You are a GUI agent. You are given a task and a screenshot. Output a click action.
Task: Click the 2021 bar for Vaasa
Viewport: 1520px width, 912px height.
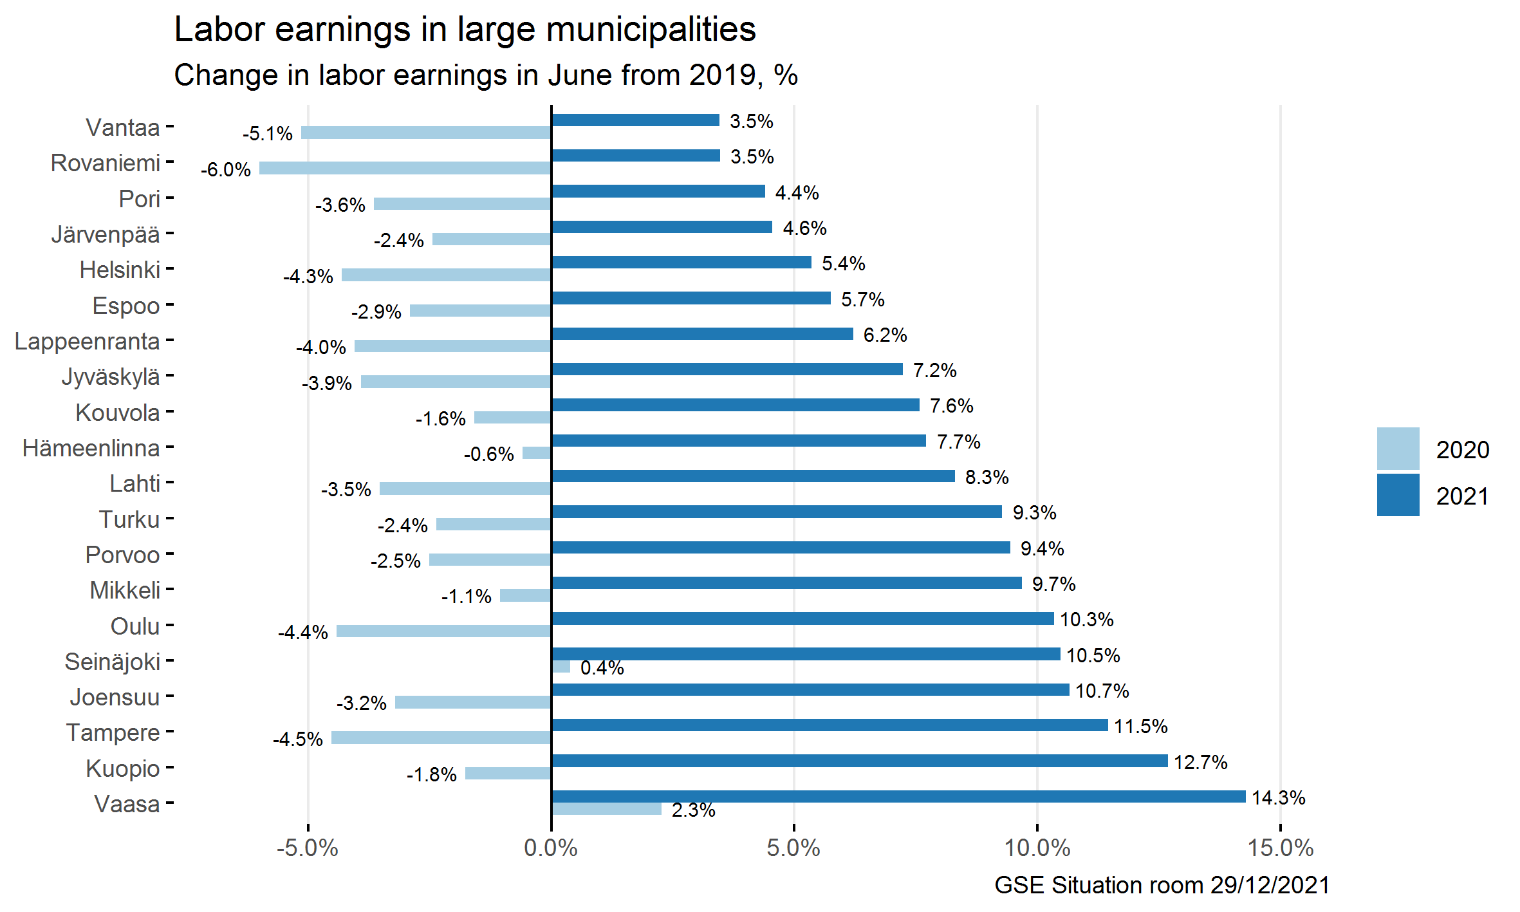pos(898,796)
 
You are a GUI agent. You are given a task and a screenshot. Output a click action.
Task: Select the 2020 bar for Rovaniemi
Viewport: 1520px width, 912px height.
pos(405,168)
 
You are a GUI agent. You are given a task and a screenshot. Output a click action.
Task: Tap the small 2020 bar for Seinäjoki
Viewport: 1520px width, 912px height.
pos(561,667)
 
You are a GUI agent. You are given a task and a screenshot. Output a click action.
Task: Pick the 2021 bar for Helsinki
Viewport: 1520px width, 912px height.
pos(681,262)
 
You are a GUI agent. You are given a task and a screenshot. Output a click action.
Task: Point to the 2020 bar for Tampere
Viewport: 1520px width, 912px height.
pos(441,738)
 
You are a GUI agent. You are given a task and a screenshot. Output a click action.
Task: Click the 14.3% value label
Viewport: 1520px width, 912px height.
pos(1278,798)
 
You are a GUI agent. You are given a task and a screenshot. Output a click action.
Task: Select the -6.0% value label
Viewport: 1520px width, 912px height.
pos(226,170)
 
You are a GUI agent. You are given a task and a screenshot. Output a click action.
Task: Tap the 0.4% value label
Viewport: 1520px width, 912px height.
pos(602,668)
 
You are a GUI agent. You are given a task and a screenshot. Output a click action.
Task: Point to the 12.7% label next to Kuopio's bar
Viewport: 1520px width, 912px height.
pos(1200,763)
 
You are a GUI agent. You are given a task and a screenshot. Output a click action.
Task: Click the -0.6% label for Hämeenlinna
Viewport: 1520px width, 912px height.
pos(488,454)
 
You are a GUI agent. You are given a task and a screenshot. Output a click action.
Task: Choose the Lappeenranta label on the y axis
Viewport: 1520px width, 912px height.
pos(87,341)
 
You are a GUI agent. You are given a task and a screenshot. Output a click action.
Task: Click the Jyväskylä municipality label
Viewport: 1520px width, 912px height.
pos(111,377)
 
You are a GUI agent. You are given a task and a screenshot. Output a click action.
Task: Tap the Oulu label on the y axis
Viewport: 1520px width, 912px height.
pos(134,626)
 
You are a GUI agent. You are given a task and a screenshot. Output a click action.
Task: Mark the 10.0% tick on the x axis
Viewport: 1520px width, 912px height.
pos(1037,848)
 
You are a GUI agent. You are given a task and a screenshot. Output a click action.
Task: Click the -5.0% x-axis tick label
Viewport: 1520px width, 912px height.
pos(308,848)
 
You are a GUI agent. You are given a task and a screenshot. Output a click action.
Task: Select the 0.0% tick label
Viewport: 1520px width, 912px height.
pos(551,848)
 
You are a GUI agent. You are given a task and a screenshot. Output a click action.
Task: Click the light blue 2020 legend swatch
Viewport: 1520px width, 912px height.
pos(1398,449)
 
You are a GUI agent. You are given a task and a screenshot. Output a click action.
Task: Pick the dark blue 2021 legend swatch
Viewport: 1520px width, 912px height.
pos(1398,495)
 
